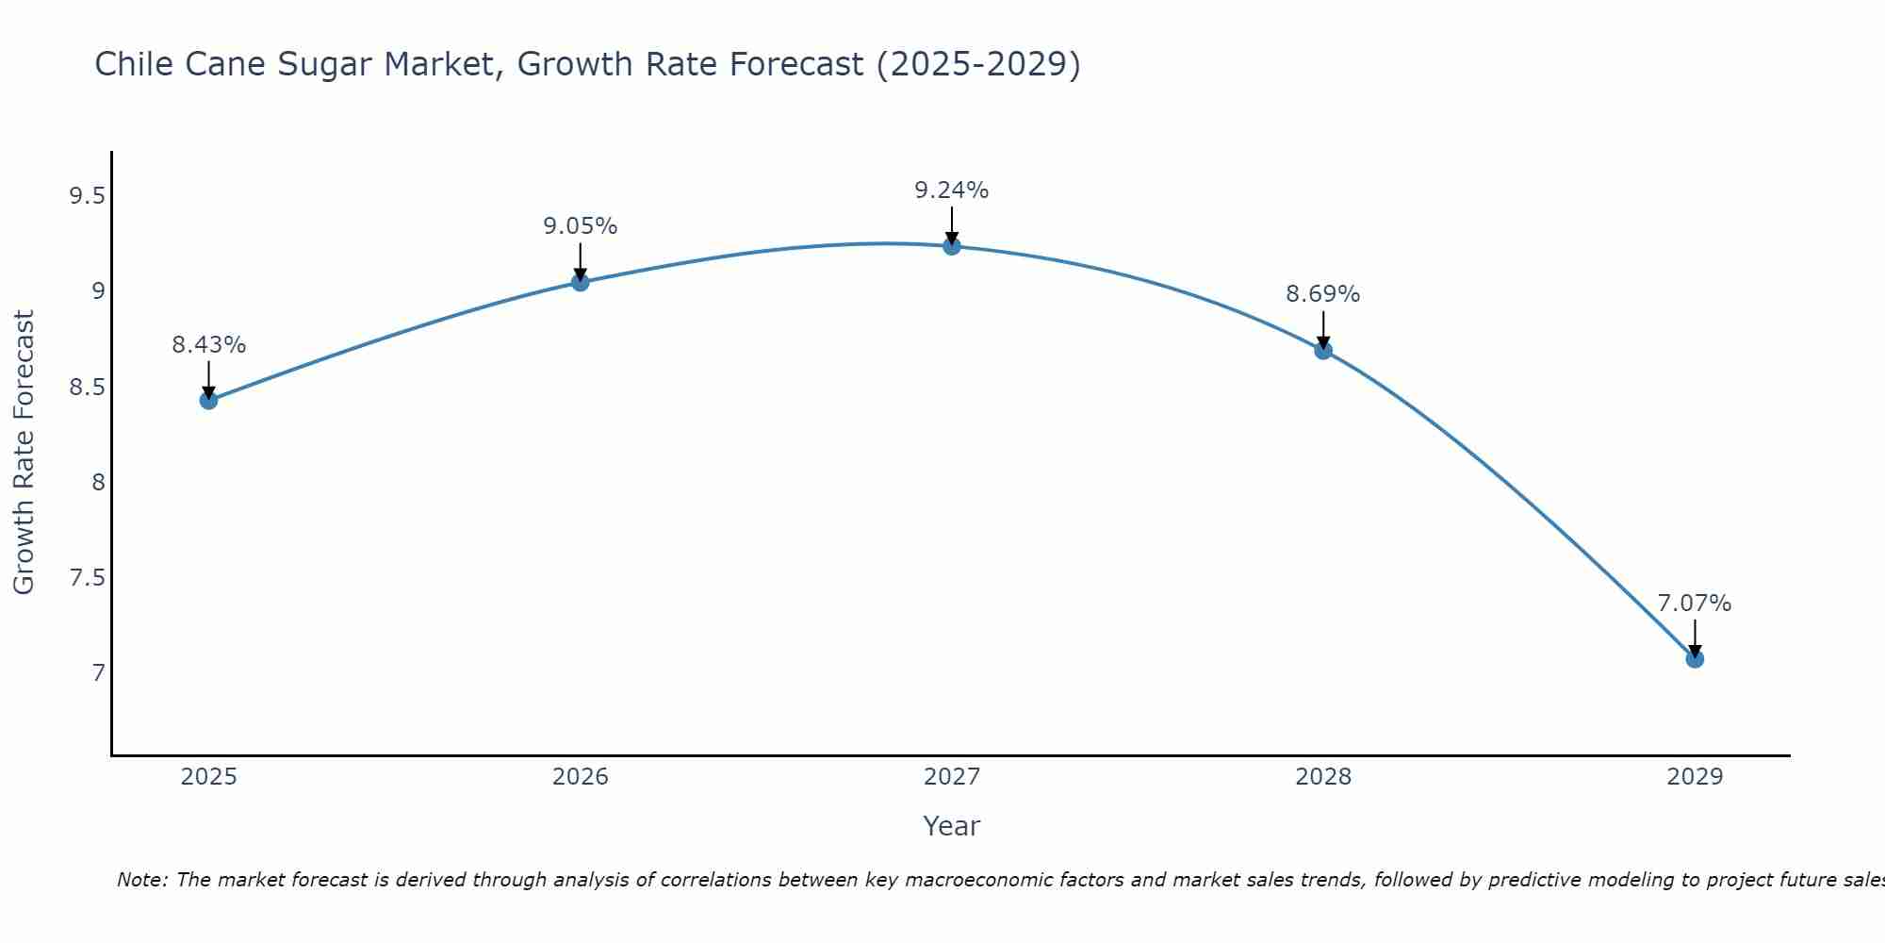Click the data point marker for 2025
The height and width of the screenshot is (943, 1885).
(208, 400)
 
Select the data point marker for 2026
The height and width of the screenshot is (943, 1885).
(580, 282)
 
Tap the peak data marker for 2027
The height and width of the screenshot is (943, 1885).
(952, 246)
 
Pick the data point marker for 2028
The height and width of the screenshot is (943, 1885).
(1323, 351)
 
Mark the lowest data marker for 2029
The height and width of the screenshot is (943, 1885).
(1695, 659)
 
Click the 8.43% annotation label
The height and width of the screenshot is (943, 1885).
(208, 345)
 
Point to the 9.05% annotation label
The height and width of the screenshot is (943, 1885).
(580, 226)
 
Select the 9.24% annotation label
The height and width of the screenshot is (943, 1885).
(952, 190)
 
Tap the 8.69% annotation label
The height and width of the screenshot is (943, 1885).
(1323, 294)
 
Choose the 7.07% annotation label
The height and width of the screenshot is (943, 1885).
(1695, 604)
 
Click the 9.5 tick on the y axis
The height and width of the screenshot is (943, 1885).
(87, 196)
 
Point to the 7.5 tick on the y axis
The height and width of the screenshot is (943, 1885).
(87, 578)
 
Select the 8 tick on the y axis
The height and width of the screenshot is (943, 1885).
(98, 483)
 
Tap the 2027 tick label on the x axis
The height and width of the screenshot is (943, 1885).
(952, 777)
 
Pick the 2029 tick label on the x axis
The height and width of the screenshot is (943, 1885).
(1695, 777)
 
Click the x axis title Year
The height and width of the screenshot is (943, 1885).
(952, 826)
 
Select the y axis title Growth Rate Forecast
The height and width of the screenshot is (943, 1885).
(24, 452)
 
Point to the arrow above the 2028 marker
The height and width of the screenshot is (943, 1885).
(1323, 330)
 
